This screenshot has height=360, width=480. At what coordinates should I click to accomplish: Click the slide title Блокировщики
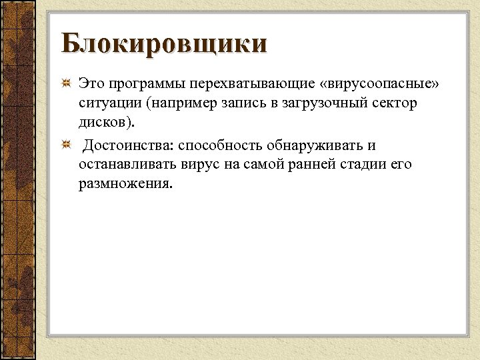coord(164,44)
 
